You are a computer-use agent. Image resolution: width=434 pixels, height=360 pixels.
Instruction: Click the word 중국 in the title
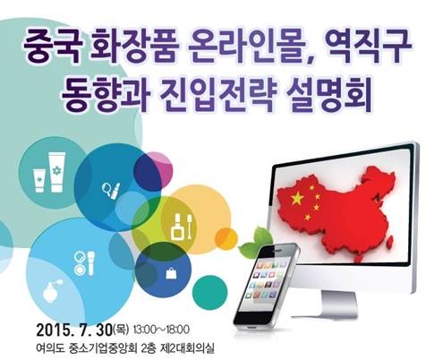(x=51, y=47)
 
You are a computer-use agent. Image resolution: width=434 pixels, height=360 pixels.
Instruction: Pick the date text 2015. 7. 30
(x=74, y=330)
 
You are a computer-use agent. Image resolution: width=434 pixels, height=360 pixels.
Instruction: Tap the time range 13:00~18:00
(x=161, y=330)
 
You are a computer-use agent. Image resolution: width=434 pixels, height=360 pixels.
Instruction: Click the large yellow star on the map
(x=297, y=198)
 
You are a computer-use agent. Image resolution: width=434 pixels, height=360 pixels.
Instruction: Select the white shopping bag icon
(x=171, y=273)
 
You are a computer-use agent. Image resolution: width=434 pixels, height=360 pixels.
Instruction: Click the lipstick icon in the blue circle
(x=115, y=192)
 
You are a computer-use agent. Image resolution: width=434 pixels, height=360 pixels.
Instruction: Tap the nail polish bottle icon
(x=177, y=227)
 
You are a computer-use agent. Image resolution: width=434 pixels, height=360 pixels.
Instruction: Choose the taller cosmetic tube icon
(x=57, y=172)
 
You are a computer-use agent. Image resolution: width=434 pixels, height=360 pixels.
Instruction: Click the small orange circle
(x=226, y=239)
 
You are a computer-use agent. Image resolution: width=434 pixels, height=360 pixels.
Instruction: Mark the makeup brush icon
(x=91, y=263)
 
